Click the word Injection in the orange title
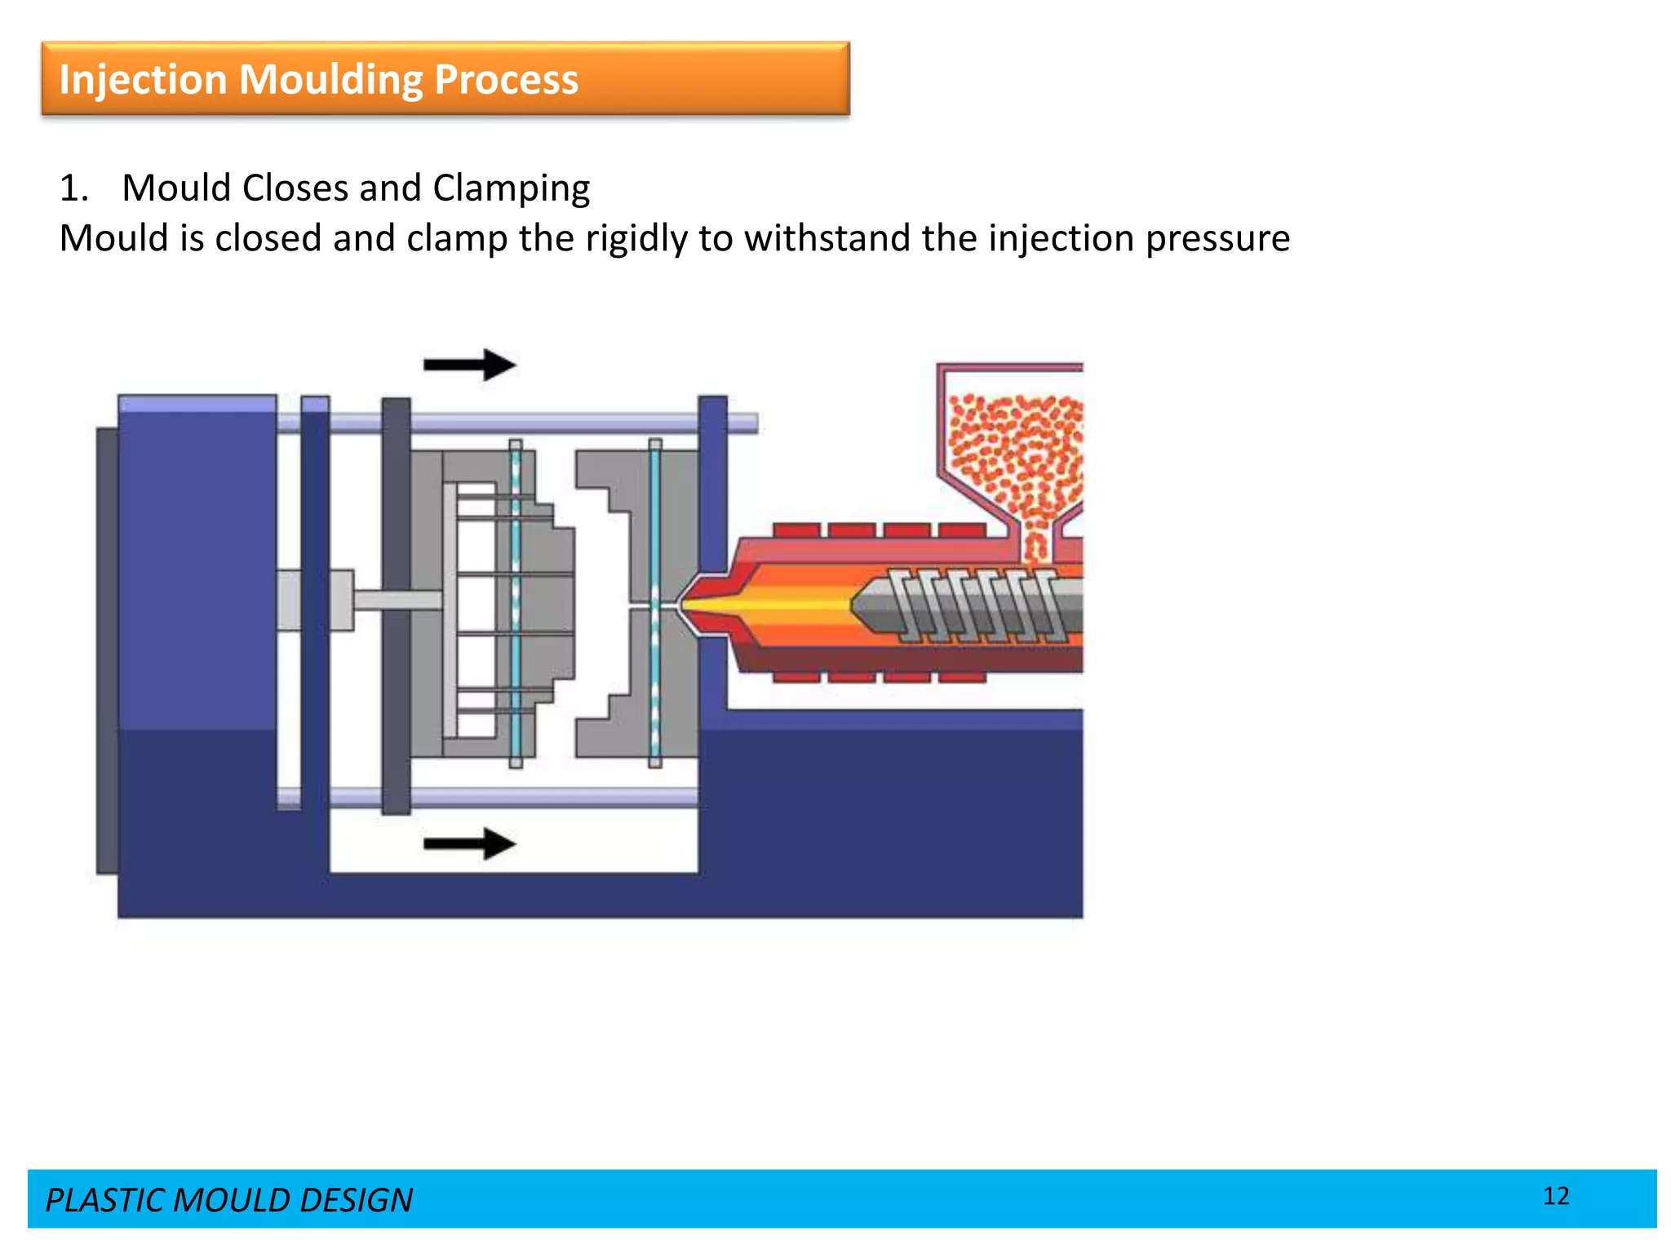point(142,80)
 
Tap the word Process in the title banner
point(506,80)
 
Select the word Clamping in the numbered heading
point(511,188)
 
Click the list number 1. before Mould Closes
point(73,188)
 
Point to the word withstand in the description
point(828,239)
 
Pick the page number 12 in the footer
point(1555,1196)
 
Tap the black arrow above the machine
point(469,365)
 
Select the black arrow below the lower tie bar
point(469,843)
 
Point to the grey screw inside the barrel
point(971,604)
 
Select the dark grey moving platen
point(396,604)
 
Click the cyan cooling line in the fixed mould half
point(654,604)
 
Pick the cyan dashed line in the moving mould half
point(516,604)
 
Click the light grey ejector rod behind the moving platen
point(397,600)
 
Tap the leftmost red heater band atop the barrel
point(796,530)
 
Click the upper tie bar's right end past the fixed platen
point(742,423)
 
